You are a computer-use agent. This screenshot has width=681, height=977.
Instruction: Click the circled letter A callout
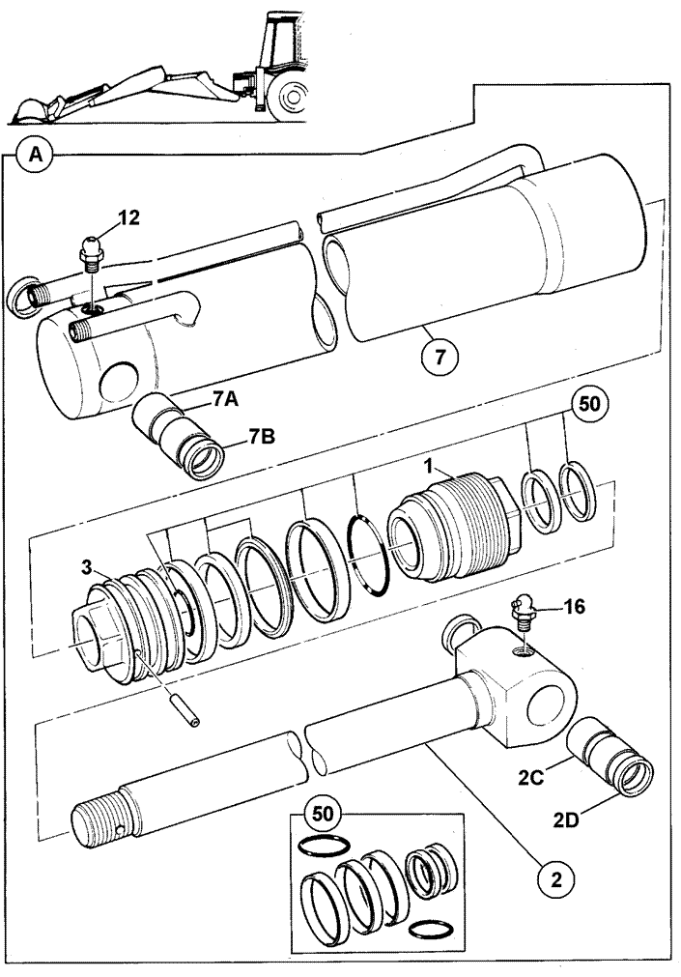(x=36, y=154)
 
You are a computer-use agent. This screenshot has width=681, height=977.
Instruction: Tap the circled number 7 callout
(x=440, y=358)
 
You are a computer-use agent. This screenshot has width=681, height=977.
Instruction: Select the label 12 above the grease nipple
(x=129, y=217)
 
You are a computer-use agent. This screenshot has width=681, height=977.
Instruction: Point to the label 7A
(x=225, y=398)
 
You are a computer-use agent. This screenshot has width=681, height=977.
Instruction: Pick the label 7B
(x=261, y=437)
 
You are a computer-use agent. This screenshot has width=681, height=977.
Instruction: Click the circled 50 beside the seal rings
(x=589, y=404)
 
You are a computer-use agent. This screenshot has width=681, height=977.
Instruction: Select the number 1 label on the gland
(x=428, y=465)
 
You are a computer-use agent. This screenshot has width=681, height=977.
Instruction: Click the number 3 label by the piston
(x=87, y=567)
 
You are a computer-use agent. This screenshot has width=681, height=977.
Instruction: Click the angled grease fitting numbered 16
(x=523, y=613)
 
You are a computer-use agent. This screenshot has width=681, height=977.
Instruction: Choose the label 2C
(x=531, y=778)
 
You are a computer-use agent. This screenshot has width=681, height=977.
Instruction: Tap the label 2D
(x=566, y=820)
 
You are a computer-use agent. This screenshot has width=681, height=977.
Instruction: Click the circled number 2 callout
(x=556, y=879)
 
